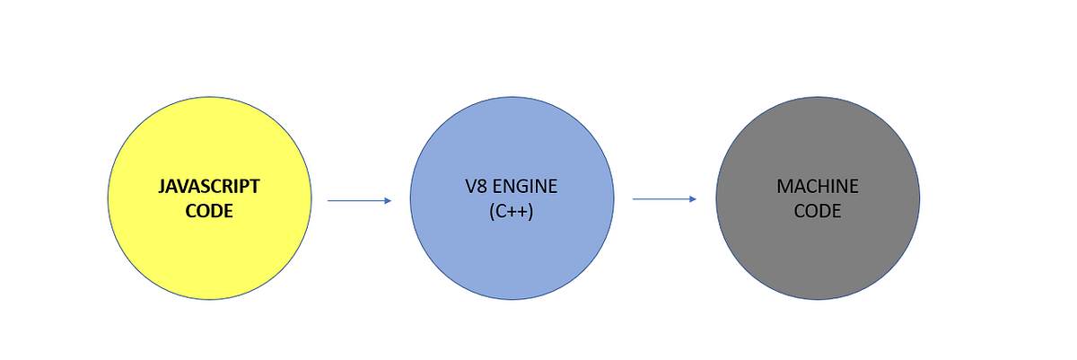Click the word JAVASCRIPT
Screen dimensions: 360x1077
coord(209,187)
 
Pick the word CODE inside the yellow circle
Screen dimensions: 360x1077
coord(209,211)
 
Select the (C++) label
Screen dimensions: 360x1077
coord(512,212)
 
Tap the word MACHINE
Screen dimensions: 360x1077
coord(818,187)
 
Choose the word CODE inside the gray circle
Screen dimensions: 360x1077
coord(818,212)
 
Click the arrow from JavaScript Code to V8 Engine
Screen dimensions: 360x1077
coord(359,201)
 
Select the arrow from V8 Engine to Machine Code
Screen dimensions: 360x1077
coord(664,199)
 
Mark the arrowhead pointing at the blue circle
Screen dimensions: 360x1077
coord(388,201)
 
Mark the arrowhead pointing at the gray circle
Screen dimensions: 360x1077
coord(693,199)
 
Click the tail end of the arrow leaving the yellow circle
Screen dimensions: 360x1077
coord(329,201)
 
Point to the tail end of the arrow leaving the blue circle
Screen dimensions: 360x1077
coord(635,199)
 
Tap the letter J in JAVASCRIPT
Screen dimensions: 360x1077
coord(162,187)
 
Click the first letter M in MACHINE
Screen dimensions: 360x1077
coord(784,187)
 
